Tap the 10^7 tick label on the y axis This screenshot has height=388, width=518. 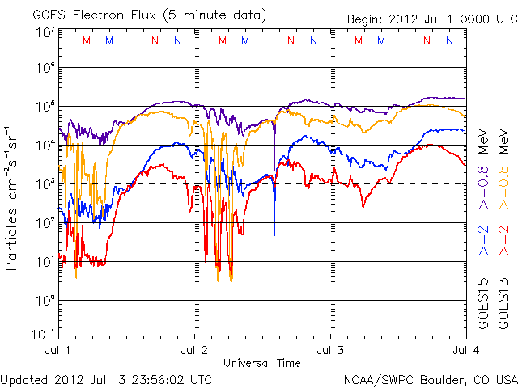pyautogui.click(x=45, y=32)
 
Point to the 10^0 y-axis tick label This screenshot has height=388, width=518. pyautogui.click(x=45, y=300)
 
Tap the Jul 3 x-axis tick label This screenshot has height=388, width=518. pyautogui.click(x=330, y=351)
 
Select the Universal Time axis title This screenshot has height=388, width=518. pyautogui.click(x=262, y=363)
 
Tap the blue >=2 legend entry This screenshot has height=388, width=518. pyautogui.click(x=483, y=241)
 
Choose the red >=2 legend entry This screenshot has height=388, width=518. pyautogui.click(x=503, y=241)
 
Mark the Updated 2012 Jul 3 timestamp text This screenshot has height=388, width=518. pyautogui.click(x=108, y=379)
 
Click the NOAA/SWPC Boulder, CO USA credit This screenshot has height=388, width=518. pyautogui.click(x=430, y=379)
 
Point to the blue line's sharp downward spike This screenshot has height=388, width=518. pyautogui.click(x=274, y=230)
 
